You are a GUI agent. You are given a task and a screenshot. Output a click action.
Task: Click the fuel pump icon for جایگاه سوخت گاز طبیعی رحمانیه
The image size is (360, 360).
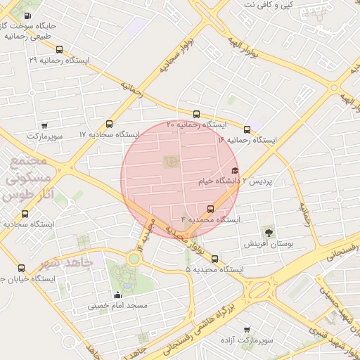[27, 16]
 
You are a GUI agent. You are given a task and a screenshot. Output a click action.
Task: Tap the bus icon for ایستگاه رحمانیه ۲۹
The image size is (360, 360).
[59, 50]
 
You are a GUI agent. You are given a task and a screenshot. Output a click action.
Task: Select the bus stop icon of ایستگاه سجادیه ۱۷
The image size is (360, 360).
[108, 124]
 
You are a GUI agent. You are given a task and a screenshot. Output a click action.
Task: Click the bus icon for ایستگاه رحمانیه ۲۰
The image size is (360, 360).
[196, 114]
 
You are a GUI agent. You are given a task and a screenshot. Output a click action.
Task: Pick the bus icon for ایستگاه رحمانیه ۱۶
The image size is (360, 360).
[247, 129]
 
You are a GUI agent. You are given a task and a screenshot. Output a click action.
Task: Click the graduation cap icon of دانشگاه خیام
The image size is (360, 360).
[235, 170]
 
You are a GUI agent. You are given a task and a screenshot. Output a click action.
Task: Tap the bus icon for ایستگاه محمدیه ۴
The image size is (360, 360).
[210, 209]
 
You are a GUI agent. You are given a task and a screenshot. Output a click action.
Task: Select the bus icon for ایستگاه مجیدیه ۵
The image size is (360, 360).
[214, 259]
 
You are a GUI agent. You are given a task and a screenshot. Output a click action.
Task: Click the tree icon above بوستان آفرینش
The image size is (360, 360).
[267, 231]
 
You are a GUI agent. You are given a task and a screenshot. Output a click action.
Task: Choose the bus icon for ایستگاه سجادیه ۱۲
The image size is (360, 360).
[25, 214]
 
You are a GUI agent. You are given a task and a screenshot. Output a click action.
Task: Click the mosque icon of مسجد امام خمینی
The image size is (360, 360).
[117, 295]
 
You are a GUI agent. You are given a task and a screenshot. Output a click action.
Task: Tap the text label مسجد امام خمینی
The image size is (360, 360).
[117, 307]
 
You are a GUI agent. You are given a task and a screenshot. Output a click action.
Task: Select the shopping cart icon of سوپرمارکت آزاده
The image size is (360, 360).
[246, 329]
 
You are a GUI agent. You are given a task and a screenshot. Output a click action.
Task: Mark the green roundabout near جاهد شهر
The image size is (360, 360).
[134, 258]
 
